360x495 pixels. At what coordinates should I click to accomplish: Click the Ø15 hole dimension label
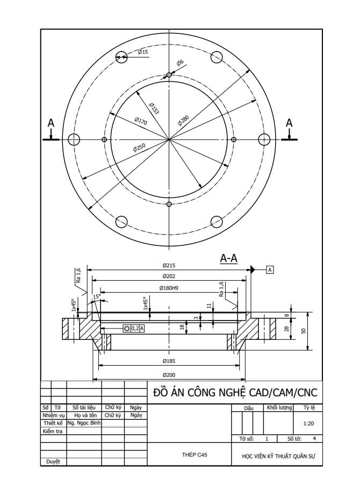tap(143, 52)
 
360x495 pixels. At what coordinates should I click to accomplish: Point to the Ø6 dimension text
tap(180, 63)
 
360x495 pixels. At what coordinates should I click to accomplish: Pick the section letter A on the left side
tap(51, 123)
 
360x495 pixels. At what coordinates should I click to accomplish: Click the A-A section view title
tap(229, 259)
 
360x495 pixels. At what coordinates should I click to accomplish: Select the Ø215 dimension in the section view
tap(169, 265)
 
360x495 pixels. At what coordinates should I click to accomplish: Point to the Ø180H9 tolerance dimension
tap(169, 288)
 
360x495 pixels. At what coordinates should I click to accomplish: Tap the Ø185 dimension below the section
tap(169, 361)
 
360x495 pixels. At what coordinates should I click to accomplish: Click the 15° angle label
tap(97, 296)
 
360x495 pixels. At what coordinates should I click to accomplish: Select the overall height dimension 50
tap(303, 331)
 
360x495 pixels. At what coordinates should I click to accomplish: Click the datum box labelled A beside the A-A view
tap(270, 270)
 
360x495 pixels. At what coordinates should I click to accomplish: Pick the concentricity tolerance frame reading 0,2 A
tap(134, 328)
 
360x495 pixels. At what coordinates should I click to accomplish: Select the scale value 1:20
tap(308, 424)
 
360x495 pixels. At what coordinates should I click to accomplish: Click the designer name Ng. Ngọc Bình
tap(84, 423)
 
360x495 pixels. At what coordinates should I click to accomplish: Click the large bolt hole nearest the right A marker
tap(264, 140)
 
